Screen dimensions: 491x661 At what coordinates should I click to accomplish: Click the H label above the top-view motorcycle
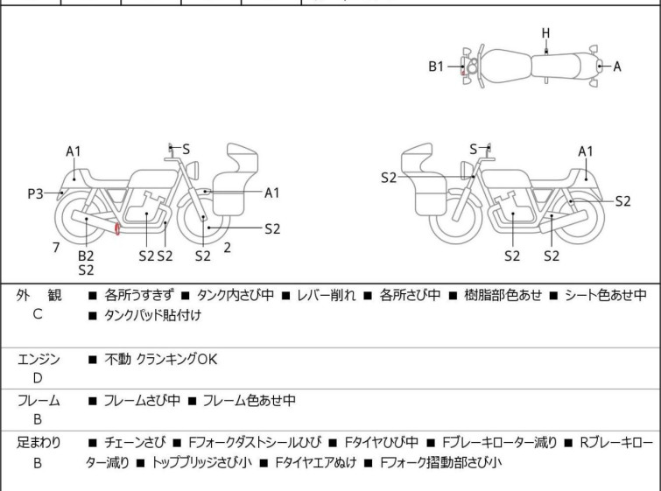545,33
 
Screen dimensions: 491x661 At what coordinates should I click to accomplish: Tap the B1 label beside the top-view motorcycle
436,66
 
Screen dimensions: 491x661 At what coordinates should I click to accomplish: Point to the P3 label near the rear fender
35,193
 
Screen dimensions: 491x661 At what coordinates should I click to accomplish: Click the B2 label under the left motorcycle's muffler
86,255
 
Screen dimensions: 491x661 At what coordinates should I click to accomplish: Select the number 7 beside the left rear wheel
56,248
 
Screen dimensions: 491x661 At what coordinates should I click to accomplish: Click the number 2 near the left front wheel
227,248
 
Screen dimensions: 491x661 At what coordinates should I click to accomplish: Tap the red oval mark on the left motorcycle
117,229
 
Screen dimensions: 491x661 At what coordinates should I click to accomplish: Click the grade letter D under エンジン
37,377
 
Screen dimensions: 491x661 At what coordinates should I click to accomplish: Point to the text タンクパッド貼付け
152,315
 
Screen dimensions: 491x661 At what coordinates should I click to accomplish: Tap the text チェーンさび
133,443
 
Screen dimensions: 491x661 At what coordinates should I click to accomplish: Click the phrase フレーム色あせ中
249,401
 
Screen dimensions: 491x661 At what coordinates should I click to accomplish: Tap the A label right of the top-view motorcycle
616,66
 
